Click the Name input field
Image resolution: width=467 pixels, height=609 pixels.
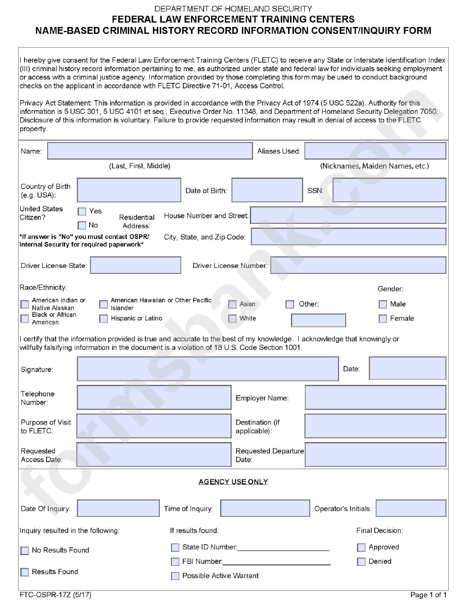(x=149, y=151)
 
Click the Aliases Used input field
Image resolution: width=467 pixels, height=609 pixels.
(x=375, y=151)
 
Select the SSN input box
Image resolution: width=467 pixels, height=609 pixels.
(x=389, y=190)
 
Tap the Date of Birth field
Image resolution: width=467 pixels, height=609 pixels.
(x=266, y=190)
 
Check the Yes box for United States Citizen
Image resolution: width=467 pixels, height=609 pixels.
(x=82, y=212)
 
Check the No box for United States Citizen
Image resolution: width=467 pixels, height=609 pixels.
(x=82, y=226)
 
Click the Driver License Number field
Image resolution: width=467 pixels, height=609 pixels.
(x=358, y=265)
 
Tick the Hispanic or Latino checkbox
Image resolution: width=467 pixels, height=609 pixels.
(x=103, y=318)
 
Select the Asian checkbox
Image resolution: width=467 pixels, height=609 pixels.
(x=232, y=304)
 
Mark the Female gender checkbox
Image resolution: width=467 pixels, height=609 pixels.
(x=383, y=318)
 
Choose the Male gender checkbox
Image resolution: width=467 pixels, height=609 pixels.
(x=383, y=304)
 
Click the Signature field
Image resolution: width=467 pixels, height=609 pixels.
(x=207, y=369)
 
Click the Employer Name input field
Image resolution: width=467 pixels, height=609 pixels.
(x=375, y=397)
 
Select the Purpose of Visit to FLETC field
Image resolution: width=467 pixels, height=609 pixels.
(x=154, y=426)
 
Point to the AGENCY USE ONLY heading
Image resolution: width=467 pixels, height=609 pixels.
(x=233, y=482)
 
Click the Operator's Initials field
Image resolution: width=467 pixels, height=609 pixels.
(x=411, y=508)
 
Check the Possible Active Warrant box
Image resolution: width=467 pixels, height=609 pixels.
(x=175, y=576)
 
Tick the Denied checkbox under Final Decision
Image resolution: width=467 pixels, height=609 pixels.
(x=361, y=561)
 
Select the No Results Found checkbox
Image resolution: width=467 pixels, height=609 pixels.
(x=25, y=551)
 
